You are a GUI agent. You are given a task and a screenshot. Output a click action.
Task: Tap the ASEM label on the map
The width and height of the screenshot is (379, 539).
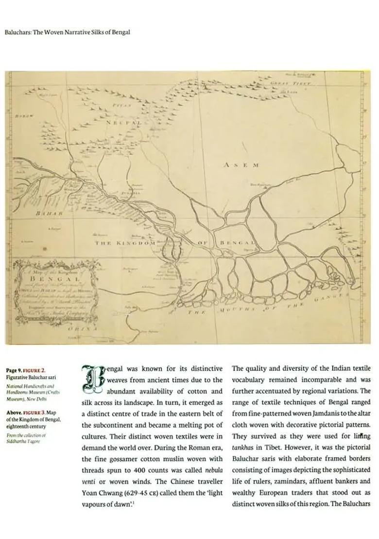coord(241,165)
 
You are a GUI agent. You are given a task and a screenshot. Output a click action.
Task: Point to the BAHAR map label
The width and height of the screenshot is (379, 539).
coord(50,213)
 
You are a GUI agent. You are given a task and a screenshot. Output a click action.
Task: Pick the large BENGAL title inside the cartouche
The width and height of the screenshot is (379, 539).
coord(54,280)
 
